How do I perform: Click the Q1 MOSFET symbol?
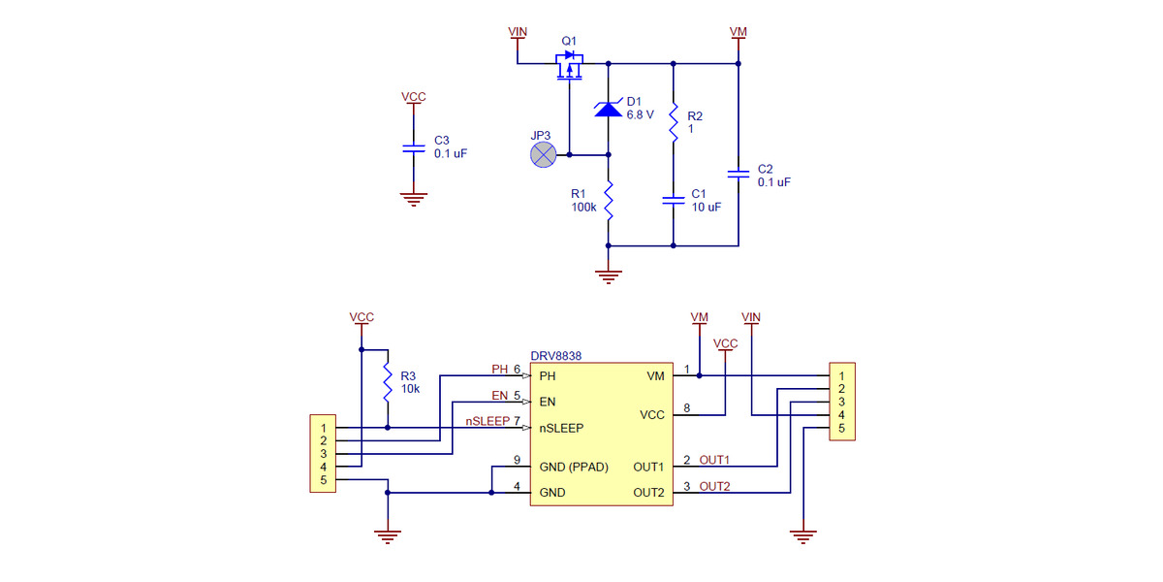(570, 67)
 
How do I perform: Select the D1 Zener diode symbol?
(608, 109)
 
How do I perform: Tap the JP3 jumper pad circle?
(544, 154)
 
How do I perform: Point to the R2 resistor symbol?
(673, 120)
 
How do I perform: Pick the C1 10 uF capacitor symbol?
(673, 200)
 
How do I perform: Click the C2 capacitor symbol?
(738, 174)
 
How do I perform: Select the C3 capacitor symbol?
(414, 147)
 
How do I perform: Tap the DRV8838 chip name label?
(556, 356)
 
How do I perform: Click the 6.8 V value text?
(640, 114)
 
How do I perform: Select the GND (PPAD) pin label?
(574, 467)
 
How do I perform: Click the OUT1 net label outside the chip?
(714, 460)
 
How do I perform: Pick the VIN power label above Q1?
(519, 32)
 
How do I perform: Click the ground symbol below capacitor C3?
(414, 199)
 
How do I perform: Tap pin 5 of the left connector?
(323, 480)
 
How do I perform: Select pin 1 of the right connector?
(842, 375)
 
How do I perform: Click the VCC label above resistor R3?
(361, 317)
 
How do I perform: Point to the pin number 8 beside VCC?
(686, 408)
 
